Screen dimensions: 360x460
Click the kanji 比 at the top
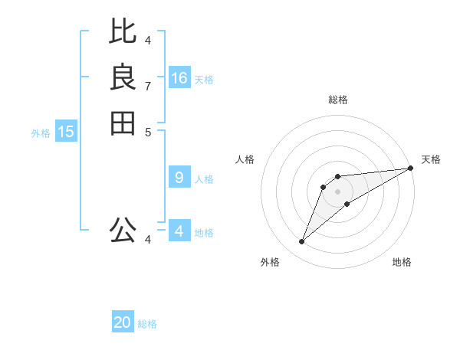123,31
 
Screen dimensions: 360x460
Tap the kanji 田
123,123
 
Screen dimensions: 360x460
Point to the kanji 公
123,229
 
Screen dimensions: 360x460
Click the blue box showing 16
179,78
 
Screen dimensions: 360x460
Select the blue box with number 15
66,132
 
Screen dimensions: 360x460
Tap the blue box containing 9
179,178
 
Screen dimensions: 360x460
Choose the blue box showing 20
123,322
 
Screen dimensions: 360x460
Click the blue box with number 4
179,231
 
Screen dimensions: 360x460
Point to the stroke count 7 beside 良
148,86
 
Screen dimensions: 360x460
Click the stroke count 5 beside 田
148,132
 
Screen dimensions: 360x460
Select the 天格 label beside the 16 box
204,80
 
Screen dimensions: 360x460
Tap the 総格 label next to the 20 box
147,324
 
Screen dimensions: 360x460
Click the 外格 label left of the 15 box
41,133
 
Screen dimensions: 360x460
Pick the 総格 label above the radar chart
338,100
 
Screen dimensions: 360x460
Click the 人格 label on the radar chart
245,159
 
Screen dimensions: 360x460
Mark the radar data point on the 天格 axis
410,168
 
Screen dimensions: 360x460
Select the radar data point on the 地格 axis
347,203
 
